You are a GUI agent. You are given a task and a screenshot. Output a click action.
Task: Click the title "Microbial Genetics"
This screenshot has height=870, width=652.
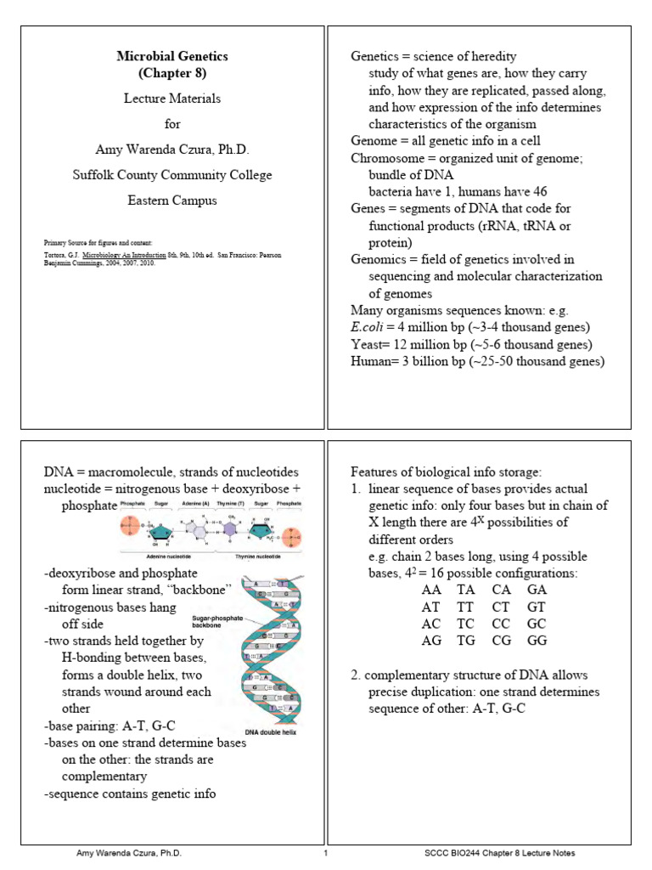[x=172, y=56]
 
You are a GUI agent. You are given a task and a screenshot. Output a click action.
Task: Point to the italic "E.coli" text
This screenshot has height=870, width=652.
[x=368, y=327]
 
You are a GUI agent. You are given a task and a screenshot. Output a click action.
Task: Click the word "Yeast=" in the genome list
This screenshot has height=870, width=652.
[x=371, y=344]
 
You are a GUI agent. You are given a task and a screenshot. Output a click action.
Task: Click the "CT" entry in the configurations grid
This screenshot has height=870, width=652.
[x=501, y=607]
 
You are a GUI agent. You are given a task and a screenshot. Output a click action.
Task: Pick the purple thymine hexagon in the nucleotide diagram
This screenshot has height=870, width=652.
[x=229, y=527]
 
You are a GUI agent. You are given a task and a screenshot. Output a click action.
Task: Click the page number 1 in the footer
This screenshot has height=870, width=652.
[x=326, y=852]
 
